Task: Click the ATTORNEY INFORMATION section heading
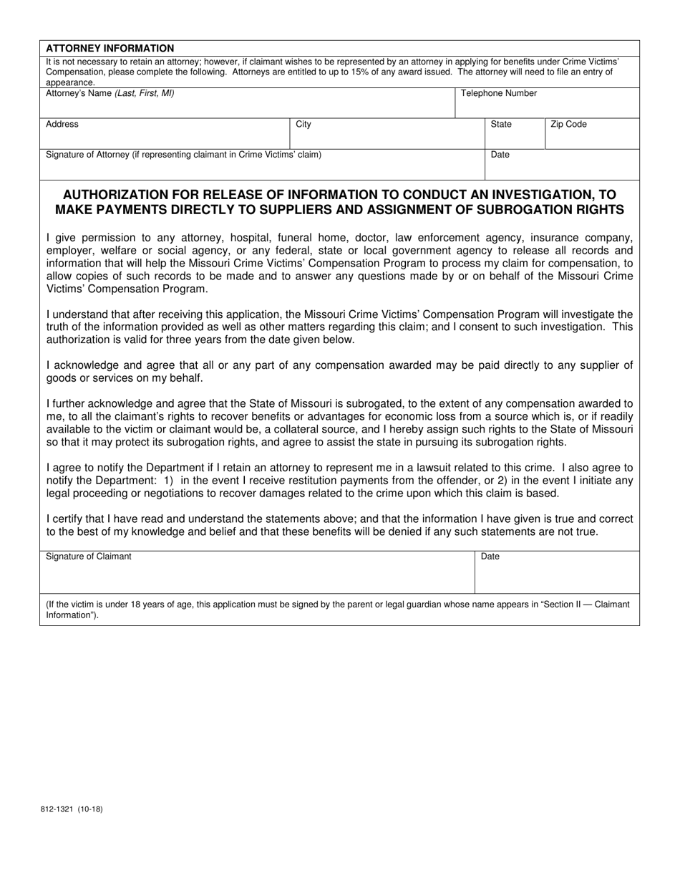pyautogui.click(x=110, y=48)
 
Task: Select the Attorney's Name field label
pyautogui.click(x=110, y=93)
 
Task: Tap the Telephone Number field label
pyautogui.click(x=498, y=93)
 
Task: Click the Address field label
pyautogui.click(x=62, y=124)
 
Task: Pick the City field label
pyautogui.click(x=303, y=124)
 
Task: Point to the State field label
pyautogui.click(x=501, y=124)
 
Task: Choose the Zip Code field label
pyautogui.click(x=568, y=124)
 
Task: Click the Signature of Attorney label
pyautogui.click(x=183, y=154)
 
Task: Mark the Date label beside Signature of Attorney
pyautogui.click(x=500, y=154)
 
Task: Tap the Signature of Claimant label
pyautogui.click(x=89, y=556)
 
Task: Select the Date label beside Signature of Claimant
pyautogui.click(x=490, y=556)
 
